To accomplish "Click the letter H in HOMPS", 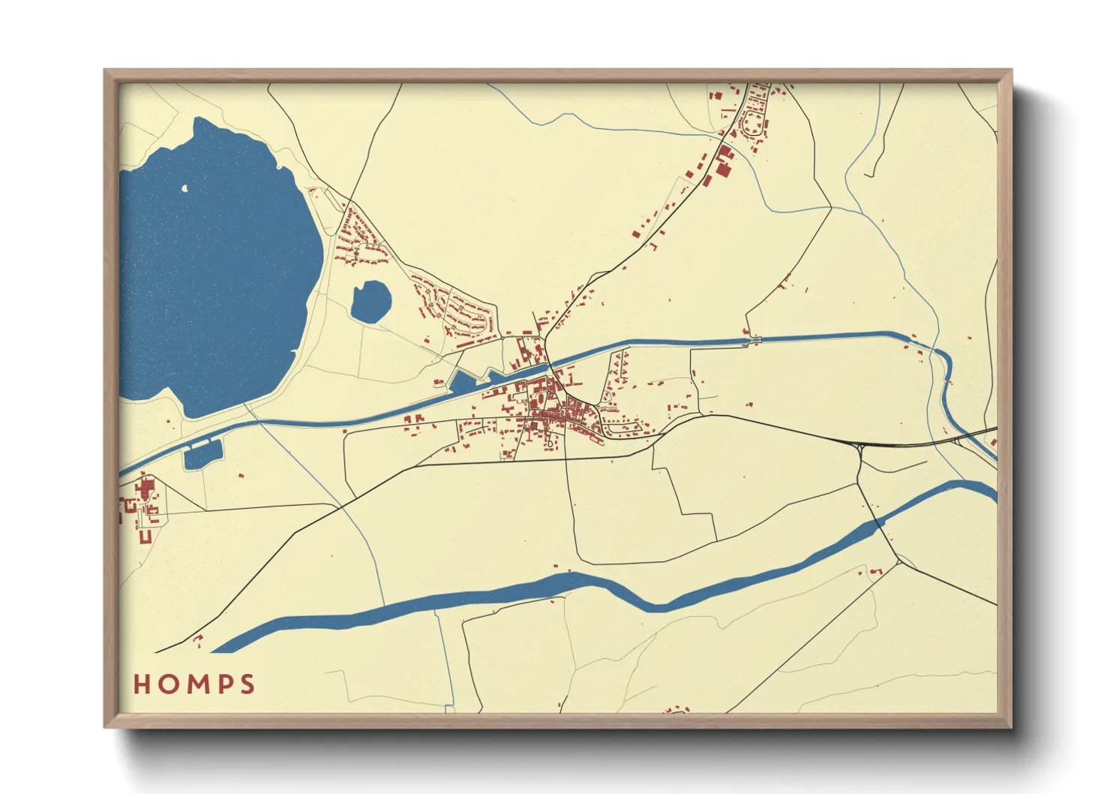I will [x=142, y=684].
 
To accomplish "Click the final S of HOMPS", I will [x=247, y=684].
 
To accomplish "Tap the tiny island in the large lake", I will [x=185, y=188].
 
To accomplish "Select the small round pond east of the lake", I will [x=371, y=302].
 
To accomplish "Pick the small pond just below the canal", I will [x=202, y=455].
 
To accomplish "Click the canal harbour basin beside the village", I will [x=463, y=383].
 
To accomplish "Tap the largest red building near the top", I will [x=724, y=161].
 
